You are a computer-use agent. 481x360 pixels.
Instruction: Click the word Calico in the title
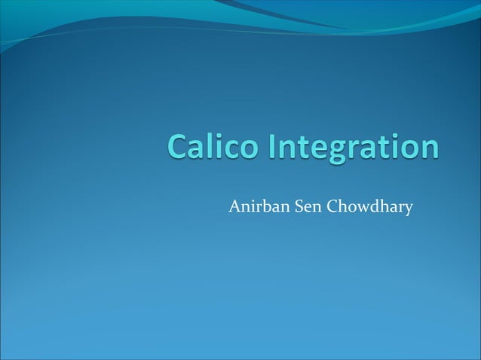210,148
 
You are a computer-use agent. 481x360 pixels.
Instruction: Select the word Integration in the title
351,148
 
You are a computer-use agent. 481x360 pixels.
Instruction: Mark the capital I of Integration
269,148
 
